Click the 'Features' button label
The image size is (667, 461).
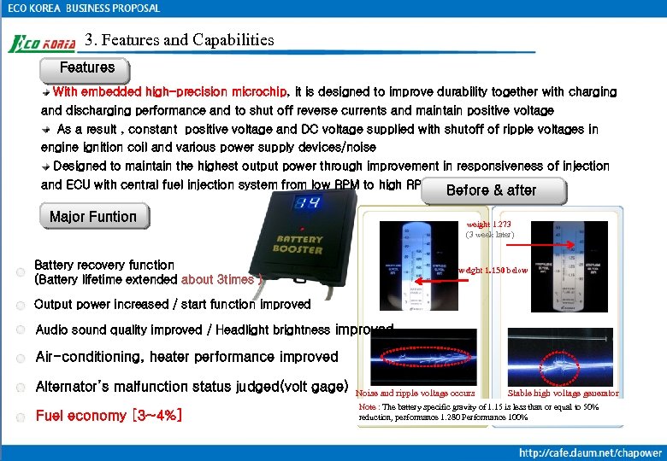[x=86, y=67]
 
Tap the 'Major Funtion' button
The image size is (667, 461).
[x=93, y=217]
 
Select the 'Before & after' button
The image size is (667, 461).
[x=492, y=191]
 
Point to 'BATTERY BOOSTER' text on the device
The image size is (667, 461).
[x=298, y=246]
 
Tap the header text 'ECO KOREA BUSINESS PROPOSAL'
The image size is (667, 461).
[x=84, y=9]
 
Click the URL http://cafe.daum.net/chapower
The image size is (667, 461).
[x=591, y=452]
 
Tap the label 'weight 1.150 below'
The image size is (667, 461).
[x=493, y=270]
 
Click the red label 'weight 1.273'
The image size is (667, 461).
[x=490, y=225]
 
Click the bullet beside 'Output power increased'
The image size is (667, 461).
[x=20, y=305]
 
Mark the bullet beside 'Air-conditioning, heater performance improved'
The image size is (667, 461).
[x=20, y=358]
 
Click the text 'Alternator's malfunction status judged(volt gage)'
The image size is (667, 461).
[x=192, y=387]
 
